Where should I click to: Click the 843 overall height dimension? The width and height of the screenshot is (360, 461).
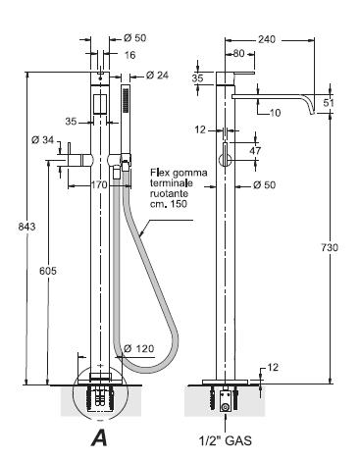[x=26, y=227]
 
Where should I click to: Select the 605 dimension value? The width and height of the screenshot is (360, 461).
[x=48, y=271]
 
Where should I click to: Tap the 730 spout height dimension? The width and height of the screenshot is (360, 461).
[x=330, y=247]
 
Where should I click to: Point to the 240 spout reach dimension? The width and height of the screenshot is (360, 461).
[x=267, y=39]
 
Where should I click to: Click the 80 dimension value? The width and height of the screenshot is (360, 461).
[x=239, y=53]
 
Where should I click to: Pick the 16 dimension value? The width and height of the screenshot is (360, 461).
[x=129, y=55]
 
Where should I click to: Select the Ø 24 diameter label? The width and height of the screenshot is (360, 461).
[x=157, y=76]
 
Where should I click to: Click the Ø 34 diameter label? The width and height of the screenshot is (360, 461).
[x=43, y=140]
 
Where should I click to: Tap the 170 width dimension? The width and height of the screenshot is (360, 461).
[x=99, y=185]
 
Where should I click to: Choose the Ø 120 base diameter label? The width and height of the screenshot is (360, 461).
[x=138, y=348]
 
